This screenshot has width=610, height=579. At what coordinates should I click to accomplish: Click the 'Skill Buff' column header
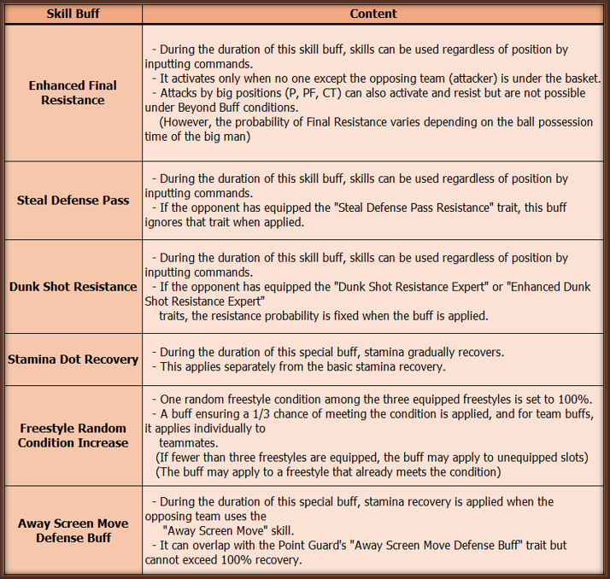[73, 14]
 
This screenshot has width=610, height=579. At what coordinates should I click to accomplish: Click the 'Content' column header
[373, 14]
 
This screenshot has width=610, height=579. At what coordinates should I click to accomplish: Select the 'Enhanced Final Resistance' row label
[73, 93]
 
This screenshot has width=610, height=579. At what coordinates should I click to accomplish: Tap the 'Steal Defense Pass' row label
[73, 201]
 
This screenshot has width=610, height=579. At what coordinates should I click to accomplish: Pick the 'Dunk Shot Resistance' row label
[73, 287]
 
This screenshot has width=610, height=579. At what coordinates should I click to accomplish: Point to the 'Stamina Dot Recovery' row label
[73, 360]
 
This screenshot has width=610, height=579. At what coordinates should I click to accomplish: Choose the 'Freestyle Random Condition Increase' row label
[73, 436]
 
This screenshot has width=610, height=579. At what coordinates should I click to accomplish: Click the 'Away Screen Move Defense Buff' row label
[73, 530]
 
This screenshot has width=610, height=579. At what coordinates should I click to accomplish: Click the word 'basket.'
[579, 78]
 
